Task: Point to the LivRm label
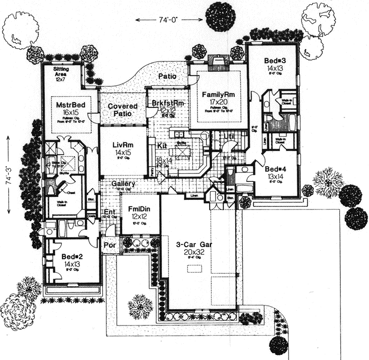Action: (123, 145)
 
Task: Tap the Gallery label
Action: (123, 183)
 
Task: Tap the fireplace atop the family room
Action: (218, 64)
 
